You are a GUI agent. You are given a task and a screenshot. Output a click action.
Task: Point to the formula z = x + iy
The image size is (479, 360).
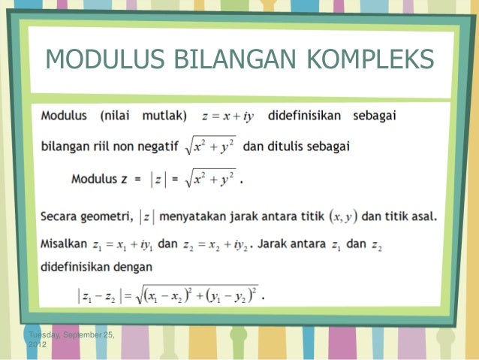[x=228, y=116]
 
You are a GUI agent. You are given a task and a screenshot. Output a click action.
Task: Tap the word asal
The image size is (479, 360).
[x=422, y=217]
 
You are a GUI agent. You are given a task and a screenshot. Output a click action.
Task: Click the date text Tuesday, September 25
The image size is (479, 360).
[x=70, y=334]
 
